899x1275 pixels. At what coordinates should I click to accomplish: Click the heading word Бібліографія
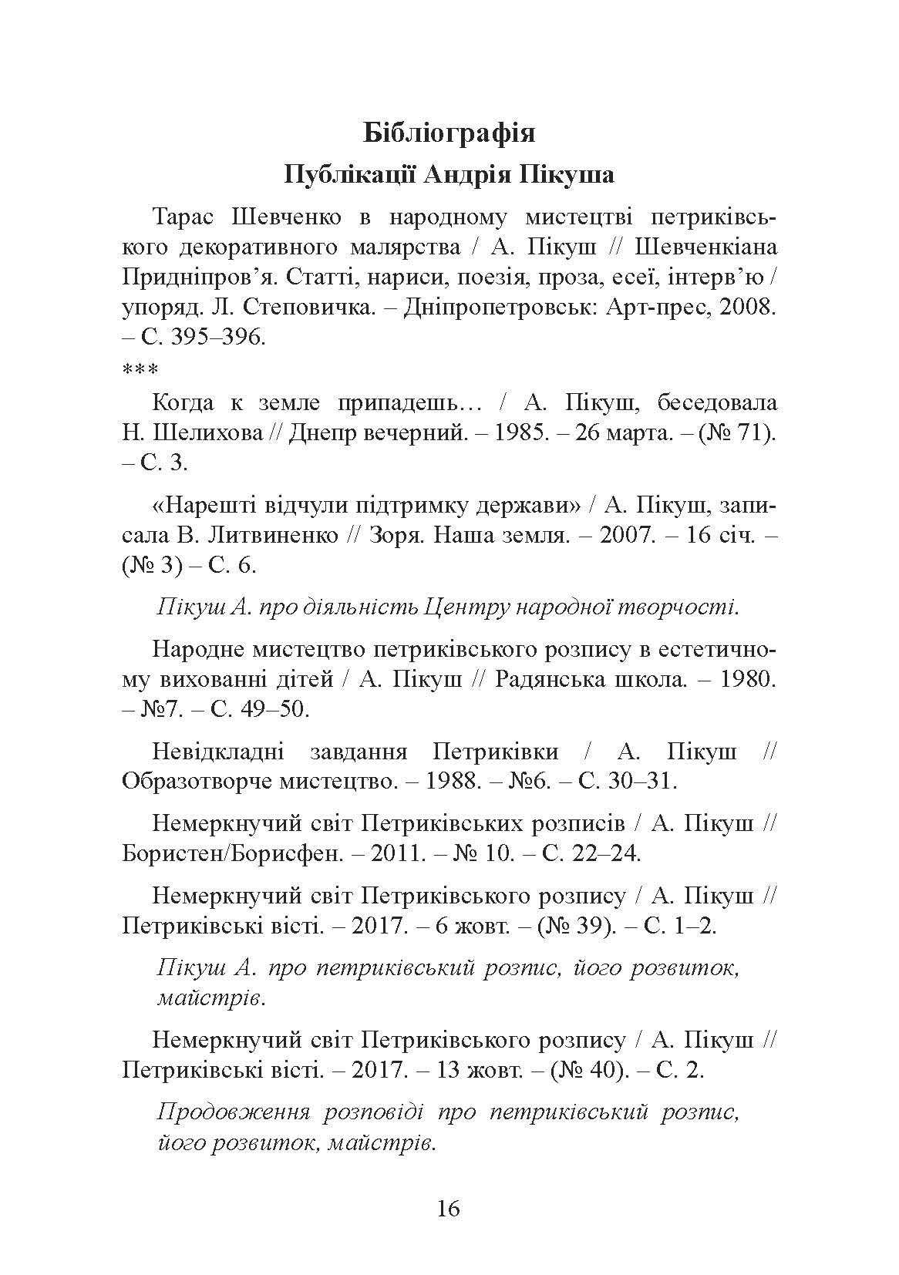(x=449, y=133)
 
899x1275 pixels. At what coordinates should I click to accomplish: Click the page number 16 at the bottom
(x=448, y=1208)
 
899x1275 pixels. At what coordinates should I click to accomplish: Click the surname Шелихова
(x=206, y=433)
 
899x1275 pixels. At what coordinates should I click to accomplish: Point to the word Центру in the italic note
(x=463, y=607)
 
